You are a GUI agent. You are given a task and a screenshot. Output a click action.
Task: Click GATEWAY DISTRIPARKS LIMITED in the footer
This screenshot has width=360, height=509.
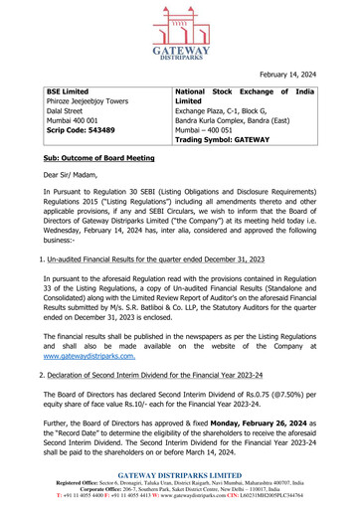[179, 477]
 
